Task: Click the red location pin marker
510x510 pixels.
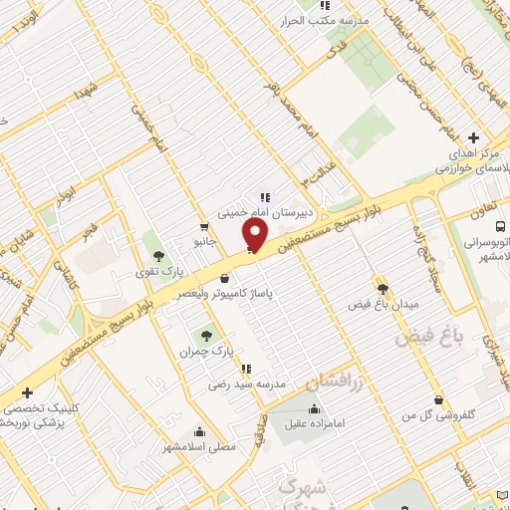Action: [256, 235]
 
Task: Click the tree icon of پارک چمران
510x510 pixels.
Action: [205, 336]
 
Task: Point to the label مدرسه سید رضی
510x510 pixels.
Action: [247, 383]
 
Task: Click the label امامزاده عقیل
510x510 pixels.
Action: [315, 424]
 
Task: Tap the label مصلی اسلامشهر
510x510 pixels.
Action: [200, 447]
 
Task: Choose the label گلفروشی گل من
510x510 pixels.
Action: [436, 414]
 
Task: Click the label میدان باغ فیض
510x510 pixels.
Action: [384, 302]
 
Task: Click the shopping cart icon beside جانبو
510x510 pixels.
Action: [204, 225]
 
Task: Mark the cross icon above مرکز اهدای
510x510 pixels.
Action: [473, 137]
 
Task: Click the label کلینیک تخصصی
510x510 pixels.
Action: [37, 408]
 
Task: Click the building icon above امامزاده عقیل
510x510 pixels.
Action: [315, 408]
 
